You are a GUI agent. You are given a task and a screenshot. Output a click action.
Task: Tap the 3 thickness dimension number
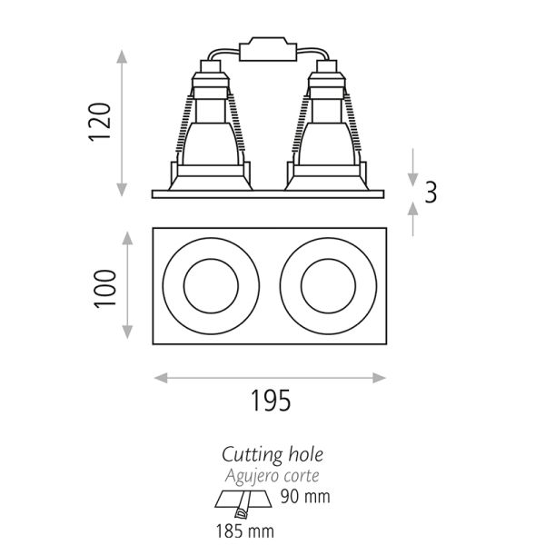tap(431, 192)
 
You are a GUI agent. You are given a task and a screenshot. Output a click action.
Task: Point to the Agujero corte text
tap(272, 473)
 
